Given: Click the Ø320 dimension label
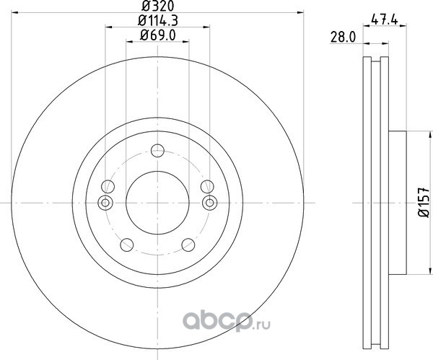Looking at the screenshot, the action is point(157,6).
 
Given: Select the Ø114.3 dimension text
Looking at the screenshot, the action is point(157,21).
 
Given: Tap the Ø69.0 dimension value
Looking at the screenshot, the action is point(157,35).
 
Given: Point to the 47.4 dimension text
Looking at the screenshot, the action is point(385,20).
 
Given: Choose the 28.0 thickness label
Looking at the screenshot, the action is point(344,38).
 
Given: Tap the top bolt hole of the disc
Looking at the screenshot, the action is point(157,151).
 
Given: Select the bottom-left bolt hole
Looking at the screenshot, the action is point(127,245).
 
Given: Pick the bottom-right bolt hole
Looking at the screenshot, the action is point(188,245).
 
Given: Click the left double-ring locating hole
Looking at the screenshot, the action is point(105,203).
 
